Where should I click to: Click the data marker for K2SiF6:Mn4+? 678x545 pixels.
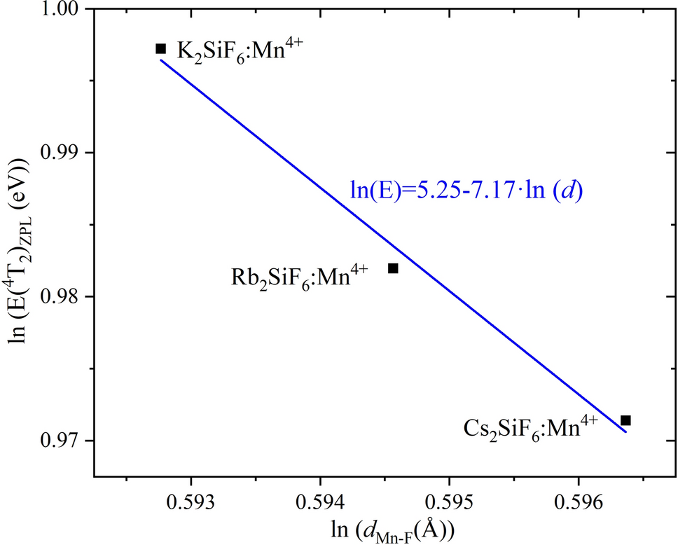click(x=160, y=48)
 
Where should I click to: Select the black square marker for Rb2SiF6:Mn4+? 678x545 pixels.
click(x=393, y=268)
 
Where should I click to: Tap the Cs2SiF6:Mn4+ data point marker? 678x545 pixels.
click(x=626, y=420)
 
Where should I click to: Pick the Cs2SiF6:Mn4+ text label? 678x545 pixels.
click(x=531, y=427)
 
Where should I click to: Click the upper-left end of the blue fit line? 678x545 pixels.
click(x=161, y=60)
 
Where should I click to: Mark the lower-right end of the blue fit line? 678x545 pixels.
click(x=625, y=432)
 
